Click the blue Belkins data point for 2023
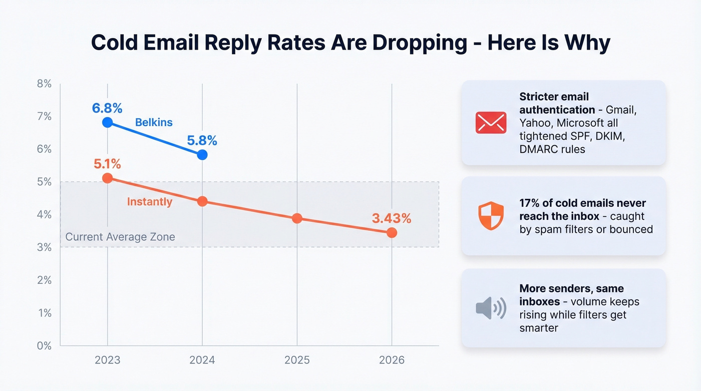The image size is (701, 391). (107, 122)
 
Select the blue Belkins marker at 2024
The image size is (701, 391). (202, 155)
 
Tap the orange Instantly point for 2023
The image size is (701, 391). (107, 178)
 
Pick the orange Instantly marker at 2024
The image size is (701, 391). (202, 201)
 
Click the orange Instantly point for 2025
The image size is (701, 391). (297, 218)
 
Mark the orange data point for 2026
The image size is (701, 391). (392, 233)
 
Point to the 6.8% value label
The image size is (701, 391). (107, 108)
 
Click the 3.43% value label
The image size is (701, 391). (392, 218)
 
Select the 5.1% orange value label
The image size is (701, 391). (107, 164)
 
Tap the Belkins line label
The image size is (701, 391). (154, 122)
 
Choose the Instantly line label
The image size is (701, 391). (149, 202)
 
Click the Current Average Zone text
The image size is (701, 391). (120, 237)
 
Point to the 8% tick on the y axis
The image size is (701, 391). (44, 84)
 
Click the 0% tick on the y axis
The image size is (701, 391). (44, 345)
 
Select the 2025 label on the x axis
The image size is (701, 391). (297, 360)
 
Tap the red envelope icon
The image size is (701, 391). (491, 123)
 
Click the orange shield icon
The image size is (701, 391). (491, 216)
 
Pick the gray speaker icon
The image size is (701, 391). (491, 308)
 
